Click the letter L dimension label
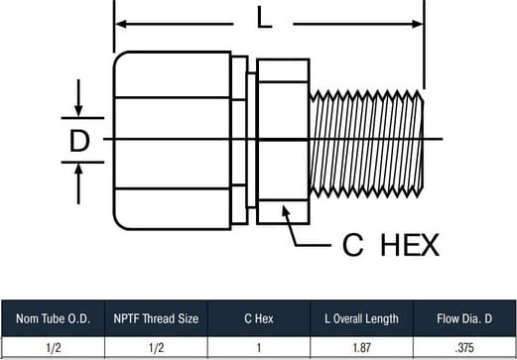[x=264, y=18]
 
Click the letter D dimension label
[x=79, y=141]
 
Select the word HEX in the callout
[x=410, y=245]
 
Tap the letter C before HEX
[x=353, y=245]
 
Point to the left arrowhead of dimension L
[x=121, y=24]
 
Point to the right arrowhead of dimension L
[x=418, y=24]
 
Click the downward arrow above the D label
[x=78, y=98]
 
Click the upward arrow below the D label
[x=78, y=184]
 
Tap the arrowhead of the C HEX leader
[x=286, y=210]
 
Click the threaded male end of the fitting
[x=366, y=144]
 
